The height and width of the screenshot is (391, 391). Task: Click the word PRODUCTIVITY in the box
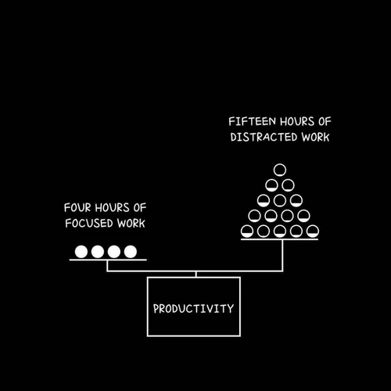(193, 309)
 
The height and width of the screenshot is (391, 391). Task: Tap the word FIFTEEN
(252, 121)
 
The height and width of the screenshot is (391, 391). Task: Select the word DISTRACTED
(264, 137)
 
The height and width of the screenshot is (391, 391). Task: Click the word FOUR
(77, 208)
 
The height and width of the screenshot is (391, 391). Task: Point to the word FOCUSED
(89, 224)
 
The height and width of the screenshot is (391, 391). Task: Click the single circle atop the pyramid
(280, 170)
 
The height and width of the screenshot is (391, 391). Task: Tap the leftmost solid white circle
(81, 252)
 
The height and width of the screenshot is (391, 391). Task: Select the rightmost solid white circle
(131, 252)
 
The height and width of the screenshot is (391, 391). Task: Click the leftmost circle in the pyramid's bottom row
(247, 231)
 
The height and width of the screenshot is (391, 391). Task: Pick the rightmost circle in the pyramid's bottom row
(313, 231)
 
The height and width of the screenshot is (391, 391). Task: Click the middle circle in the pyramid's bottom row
(280, 231)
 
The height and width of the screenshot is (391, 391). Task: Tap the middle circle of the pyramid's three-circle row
(280, 200)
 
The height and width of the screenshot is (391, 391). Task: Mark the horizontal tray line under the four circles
(108, 260)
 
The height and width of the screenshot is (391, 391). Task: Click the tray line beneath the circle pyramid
(279, 239)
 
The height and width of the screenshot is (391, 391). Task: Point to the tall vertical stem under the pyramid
(282, 256)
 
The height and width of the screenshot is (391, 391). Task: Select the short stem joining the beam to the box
(196, 274)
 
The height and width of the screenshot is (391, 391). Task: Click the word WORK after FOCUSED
(131, 224)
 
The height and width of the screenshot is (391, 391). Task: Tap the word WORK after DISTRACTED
(315, 137)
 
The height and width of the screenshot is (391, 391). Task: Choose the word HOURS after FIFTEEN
(297, 121)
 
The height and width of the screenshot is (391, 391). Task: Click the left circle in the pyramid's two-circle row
(271, 185)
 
